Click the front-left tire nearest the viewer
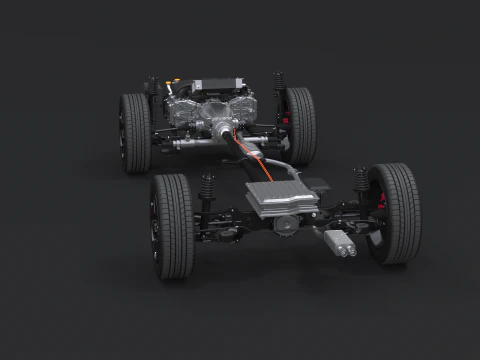coord(172,227)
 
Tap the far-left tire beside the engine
coord(135,132)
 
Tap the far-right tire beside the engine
coord(299,125)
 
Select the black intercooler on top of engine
coord(216,85)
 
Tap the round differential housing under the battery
coord(287,226)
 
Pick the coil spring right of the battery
coord(360,182)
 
